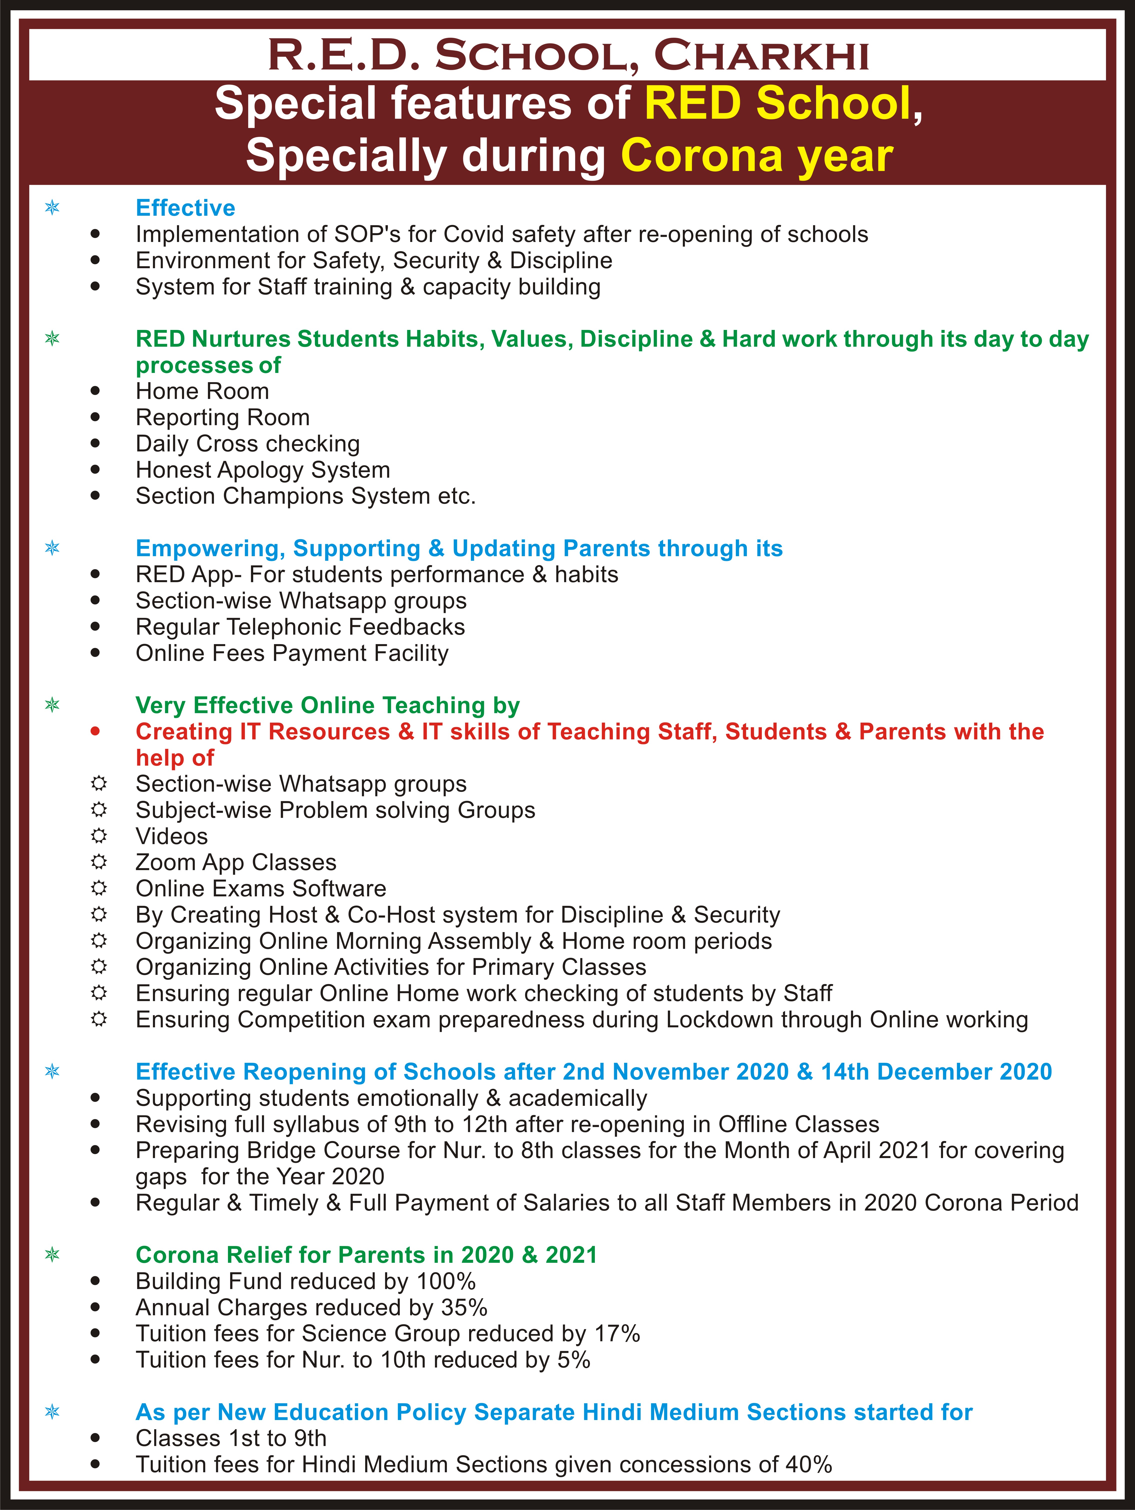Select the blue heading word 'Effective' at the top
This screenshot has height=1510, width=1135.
pyautogui.click(x=185, y=207)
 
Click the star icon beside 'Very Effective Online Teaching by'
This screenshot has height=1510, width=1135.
pyautogui.click(x=52, y=704)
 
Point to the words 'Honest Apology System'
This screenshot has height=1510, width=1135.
pyautogui.click(x=263, y=470)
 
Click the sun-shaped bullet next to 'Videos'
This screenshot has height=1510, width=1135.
pyautogui.click(x=99, y=836)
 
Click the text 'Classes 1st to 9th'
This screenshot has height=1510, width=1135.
pyautogui.click(x=231, y=1438)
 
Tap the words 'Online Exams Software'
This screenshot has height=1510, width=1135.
pyautogui.click(x=261, y=888)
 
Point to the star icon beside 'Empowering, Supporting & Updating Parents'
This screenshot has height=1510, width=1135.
pyautogui.click(x=52, y=547)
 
